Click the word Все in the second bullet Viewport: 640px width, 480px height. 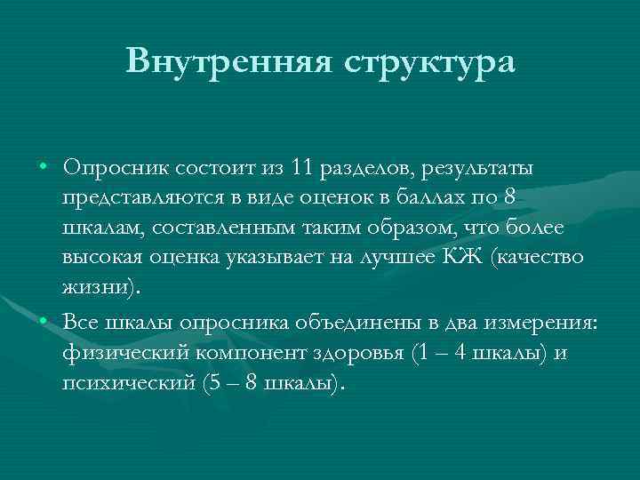tap(80, 322)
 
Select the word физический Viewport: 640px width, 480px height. tap(119, 352)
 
